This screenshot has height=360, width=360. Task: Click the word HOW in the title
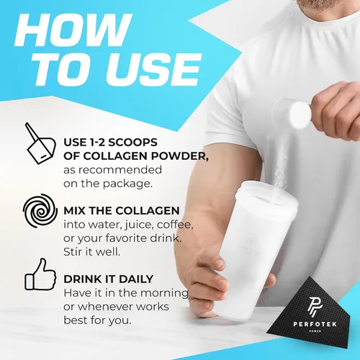[x=73, y=30]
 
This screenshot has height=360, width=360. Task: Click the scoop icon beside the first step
[x=40, y=143]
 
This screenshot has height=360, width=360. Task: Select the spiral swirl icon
[x=40, y=211]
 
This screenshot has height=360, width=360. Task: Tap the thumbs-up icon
[x=40, y=274]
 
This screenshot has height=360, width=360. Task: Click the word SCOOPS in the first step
[x=132, y=143]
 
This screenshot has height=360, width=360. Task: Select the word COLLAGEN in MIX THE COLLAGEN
[x=148, y=211]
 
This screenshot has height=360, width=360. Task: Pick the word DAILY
[x=136, y=279]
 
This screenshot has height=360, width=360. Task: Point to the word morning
[x=164, y=293]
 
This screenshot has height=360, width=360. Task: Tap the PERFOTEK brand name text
[x=315, y=324]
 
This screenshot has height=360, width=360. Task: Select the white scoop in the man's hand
[x=295, y=114]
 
